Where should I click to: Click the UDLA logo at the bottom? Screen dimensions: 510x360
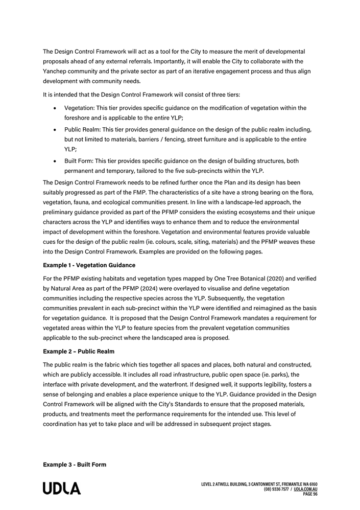tap(62, 489)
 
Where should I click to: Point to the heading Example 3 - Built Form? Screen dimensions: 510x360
tap(75, 465)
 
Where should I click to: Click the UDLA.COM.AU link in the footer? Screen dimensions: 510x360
tap(305, 489)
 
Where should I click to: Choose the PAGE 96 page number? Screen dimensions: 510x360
tap(310, 494)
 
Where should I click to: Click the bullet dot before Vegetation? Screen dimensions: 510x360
tap(55, 108)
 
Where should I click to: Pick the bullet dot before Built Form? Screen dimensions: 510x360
tap(55, 161)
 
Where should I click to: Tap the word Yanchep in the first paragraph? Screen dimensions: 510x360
tap(56, 72)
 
